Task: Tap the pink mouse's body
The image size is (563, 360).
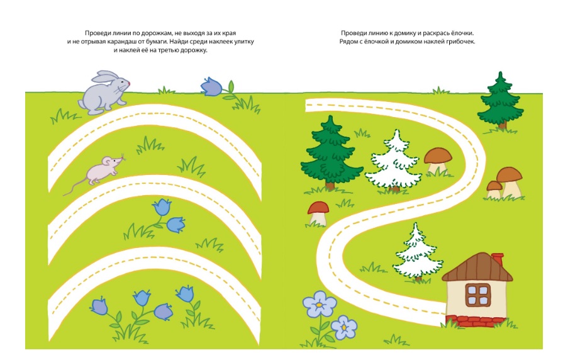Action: tap(101, 171)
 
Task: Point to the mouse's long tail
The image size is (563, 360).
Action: tap(75, 187)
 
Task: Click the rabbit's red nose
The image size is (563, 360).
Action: tap(128, 84)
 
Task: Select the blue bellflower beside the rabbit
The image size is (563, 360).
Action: tap(211, 87)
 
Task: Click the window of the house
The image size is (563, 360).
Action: tap(478, 295)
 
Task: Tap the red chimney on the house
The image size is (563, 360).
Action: tap(498, 259)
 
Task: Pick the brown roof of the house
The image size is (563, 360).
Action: tap(477, 267)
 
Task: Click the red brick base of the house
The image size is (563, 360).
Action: tap(475, 321)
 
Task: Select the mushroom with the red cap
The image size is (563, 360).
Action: tap(318, 213)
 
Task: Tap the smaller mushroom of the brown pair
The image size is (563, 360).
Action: tap(494, 189)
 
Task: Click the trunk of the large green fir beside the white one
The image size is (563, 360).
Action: tap(330, 185)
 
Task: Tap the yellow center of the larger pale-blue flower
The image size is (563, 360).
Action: tap(319, 305)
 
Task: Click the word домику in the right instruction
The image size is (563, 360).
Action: tap(404, 33)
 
